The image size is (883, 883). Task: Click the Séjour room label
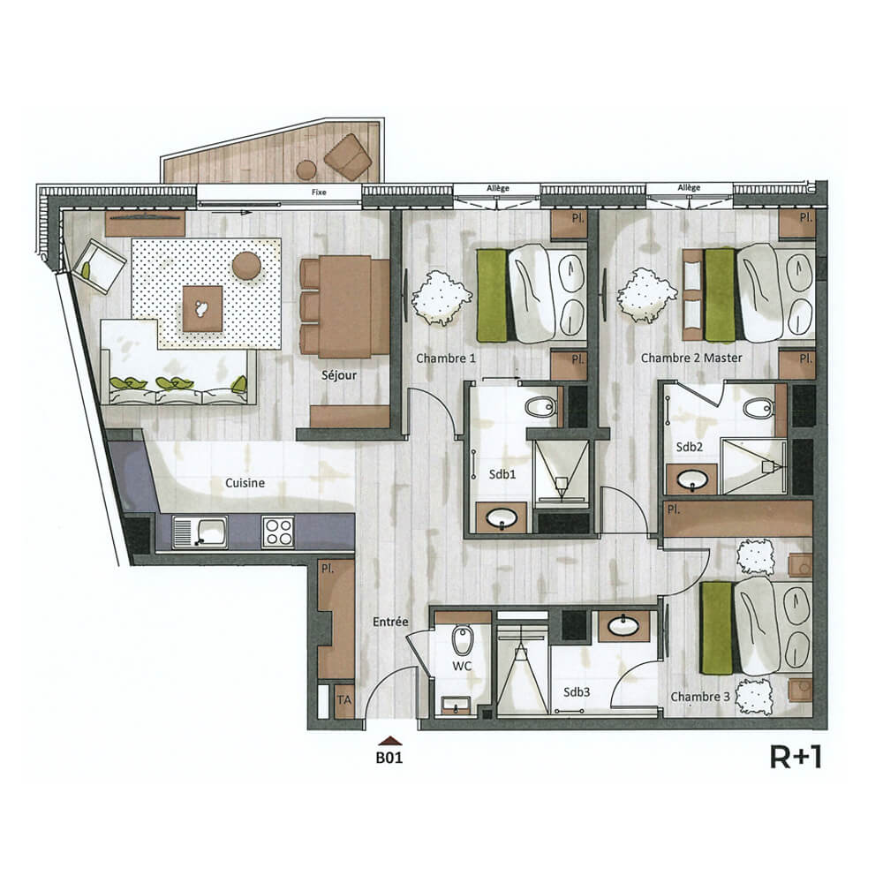point(338,375)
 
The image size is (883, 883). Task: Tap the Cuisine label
point(245,483)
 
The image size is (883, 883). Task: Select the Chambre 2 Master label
point(691,358)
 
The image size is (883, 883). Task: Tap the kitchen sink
point(200,532)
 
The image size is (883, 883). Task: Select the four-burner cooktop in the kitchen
point(278,532)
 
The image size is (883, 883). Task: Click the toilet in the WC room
point(461,643)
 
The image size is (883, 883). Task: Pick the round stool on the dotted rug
point(246,264)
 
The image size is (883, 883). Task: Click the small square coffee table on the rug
point(202,308)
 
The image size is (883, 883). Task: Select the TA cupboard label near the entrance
point(345,700)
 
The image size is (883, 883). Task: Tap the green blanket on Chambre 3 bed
point(715,627)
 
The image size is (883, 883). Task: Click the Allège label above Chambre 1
point(497,188)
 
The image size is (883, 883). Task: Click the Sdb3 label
point(576,692)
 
